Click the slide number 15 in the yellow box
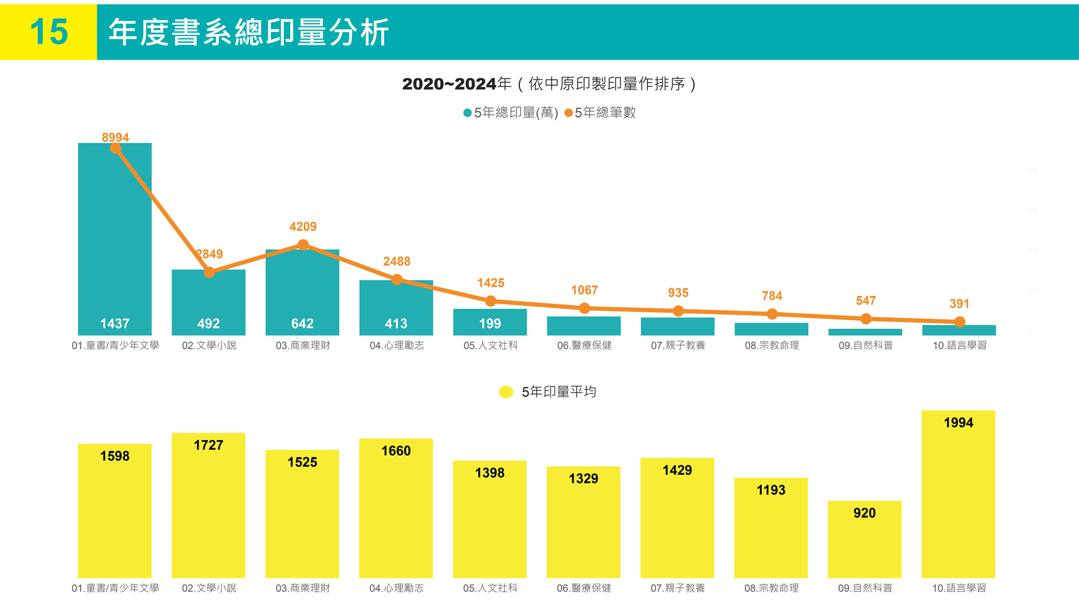(x=49, y=31)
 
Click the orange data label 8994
(x=115, y=137)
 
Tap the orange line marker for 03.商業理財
(x=303, y=245)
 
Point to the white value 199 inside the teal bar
(x=490, y=323)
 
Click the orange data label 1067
(x=584, y=290)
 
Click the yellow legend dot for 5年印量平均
(x=506, y=392)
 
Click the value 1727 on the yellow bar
(x=208, y=445)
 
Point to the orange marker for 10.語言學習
(x=960, y=322)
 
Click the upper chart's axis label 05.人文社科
(x=490, y=346)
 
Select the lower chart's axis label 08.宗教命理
(x=771, y=588)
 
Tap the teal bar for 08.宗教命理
(x=771, y=329)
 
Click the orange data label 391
(x=959, y=303)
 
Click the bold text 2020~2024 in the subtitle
(x=449, y=84)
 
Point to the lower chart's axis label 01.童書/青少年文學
(x=115, y=588)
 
